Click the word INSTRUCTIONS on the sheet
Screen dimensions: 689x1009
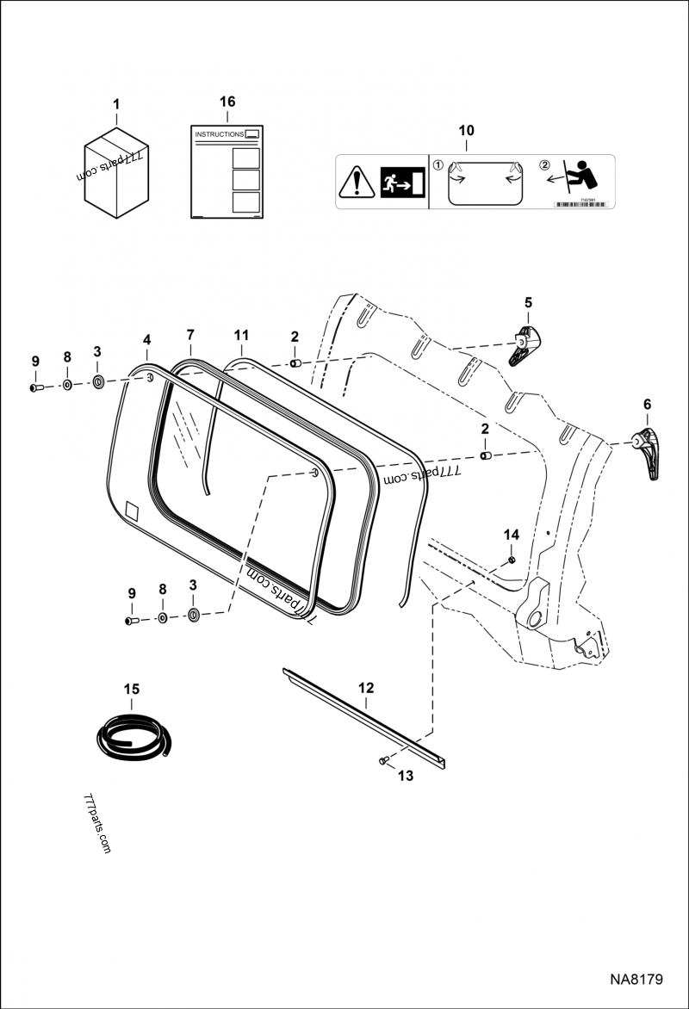219,135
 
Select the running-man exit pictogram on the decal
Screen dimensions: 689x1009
403,183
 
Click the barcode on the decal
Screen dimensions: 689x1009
579,204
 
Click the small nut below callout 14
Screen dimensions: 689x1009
512,560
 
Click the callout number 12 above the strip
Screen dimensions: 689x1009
366,688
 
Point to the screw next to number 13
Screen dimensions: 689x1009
382,761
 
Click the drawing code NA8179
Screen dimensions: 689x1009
636,980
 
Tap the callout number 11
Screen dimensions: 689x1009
241,334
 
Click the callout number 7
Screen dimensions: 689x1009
190,334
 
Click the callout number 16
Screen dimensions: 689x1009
227,102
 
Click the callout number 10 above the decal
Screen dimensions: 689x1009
466,130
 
